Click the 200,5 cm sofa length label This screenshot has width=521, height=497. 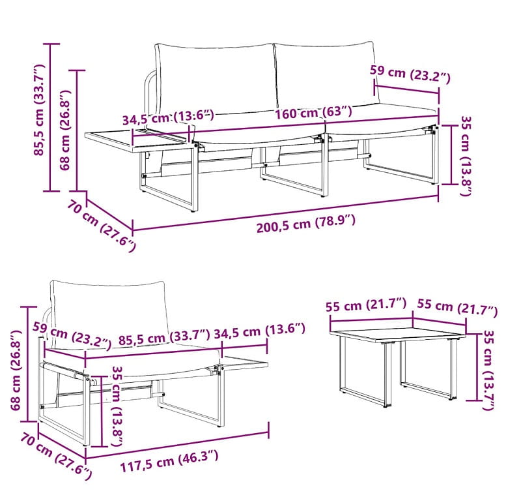point(305,224)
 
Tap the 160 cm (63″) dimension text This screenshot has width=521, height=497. point(313,112)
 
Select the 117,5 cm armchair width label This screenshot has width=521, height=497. point(169,460)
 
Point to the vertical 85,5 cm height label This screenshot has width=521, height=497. point(39,110)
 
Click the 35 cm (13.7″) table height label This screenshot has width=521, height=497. point(488,370)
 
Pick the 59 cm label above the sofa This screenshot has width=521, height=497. point(410,74)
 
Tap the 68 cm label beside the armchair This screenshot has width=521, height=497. point(16,370)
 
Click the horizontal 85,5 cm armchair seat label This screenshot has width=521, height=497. point(164,337)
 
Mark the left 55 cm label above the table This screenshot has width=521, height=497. point(366,305)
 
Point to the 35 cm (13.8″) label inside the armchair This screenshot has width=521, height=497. point(118,406)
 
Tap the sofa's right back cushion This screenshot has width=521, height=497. point(326,76)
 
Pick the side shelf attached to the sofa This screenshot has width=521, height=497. point(138,141)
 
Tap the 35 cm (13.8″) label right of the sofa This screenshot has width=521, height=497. point(466,156)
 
